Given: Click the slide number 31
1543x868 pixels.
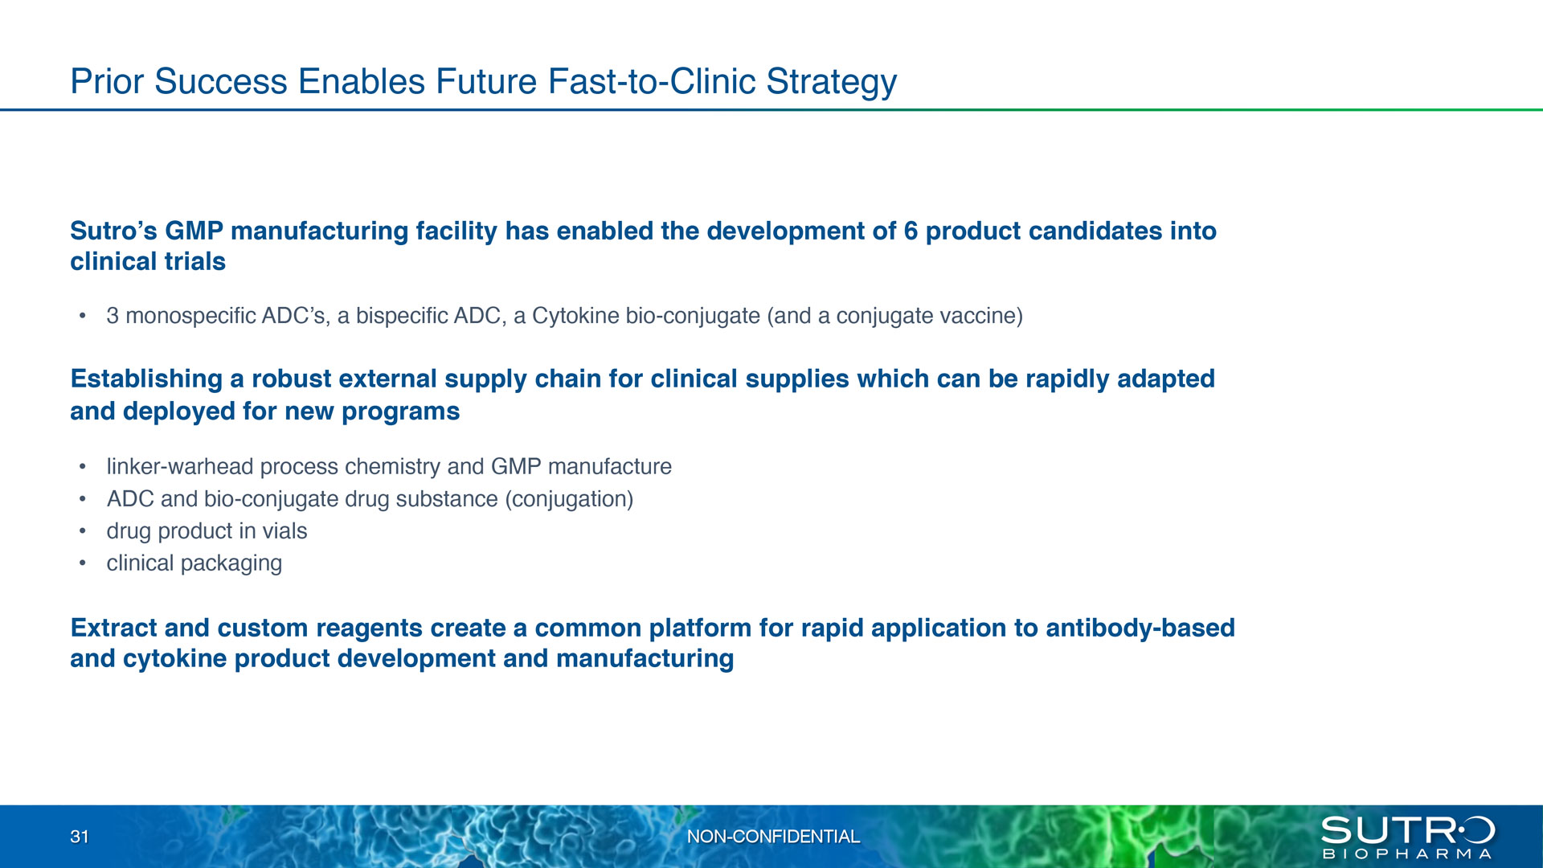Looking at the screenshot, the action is [x=80, y=837].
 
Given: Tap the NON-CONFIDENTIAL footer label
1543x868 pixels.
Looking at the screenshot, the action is [x=773, y=837].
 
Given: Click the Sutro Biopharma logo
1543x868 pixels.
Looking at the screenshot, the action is [x=1407, y=837].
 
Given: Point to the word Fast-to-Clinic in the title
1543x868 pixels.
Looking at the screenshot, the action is [x=652, y=81].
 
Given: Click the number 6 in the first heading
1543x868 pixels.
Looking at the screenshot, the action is [x=911, y=231].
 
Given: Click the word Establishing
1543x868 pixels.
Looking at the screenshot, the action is [x=146, y=379].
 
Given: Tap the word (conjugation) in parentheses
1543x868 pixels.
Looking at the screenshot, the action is [x=569, y=499].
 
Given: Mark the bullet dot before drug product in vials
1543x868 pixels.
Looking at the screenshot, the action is [x=82, y=531].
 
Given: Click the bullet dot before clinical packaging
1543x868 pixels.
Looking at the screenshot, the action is [x=82, y=563].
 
